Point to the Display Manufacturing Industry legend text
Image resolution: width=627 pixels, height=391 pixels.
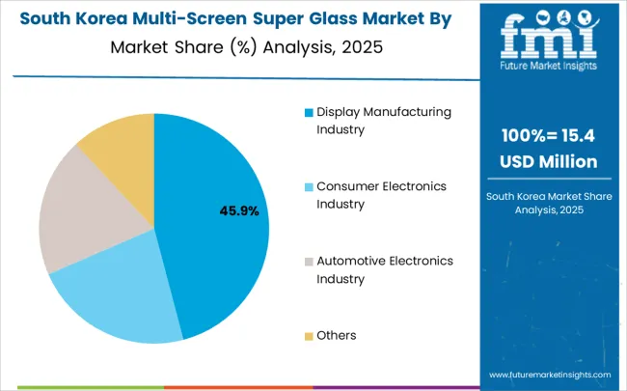click(385, 121)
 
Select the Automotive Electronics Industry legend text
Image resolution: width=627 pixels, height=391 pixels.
click(385, 270)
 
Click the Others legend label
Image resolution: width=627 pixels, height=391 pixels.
click(337, 335)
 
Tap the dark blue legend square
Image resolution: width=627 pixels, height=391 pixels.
click(309, 113)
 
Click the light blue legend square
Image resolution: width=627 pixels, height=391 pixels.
click(309, 187)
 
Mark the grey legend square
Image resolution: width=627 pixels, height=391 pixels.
click(309, 262)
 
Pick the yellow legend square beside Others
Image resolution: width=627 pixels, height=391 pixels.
click(309, 336)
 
